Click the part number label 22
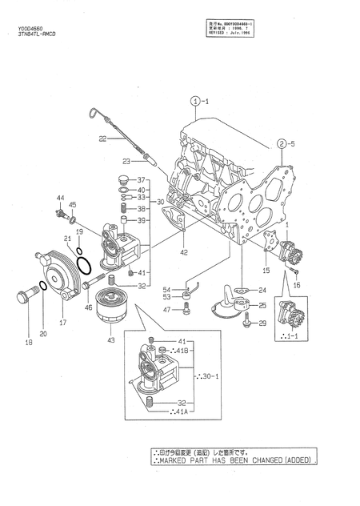click(x=102, y=139)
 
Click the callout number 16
click(x=295, y=284)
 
